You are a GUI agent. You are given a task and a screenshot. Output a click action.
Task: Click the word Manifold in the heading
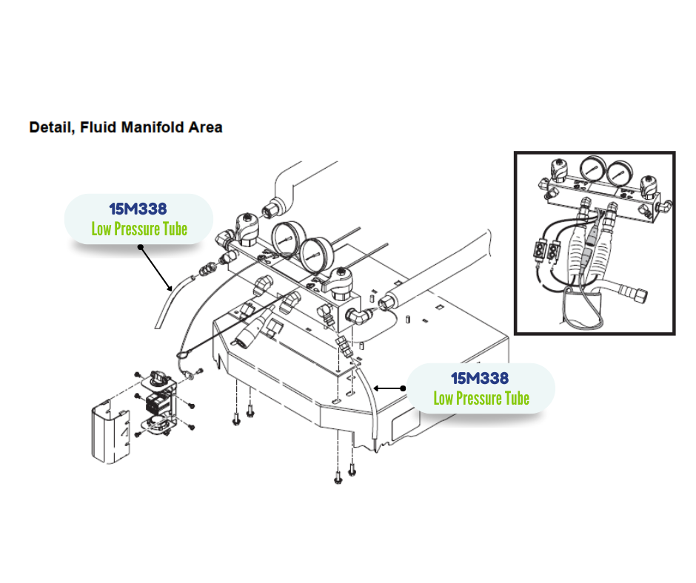144,127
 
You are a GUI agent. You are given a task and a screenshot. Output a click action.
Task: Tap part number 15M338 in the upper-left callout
138,209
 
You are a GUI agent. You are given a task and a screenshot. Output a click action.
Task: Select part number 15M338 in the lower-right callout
480,379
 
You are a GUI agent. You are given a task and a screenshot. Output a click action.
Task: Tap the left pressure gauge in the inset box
590,172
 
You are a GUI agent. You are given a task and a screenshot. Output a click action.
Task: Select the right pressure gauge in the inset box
620,174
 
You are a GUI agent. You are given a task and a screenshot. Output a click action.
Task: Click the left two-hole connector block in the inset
538,252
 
